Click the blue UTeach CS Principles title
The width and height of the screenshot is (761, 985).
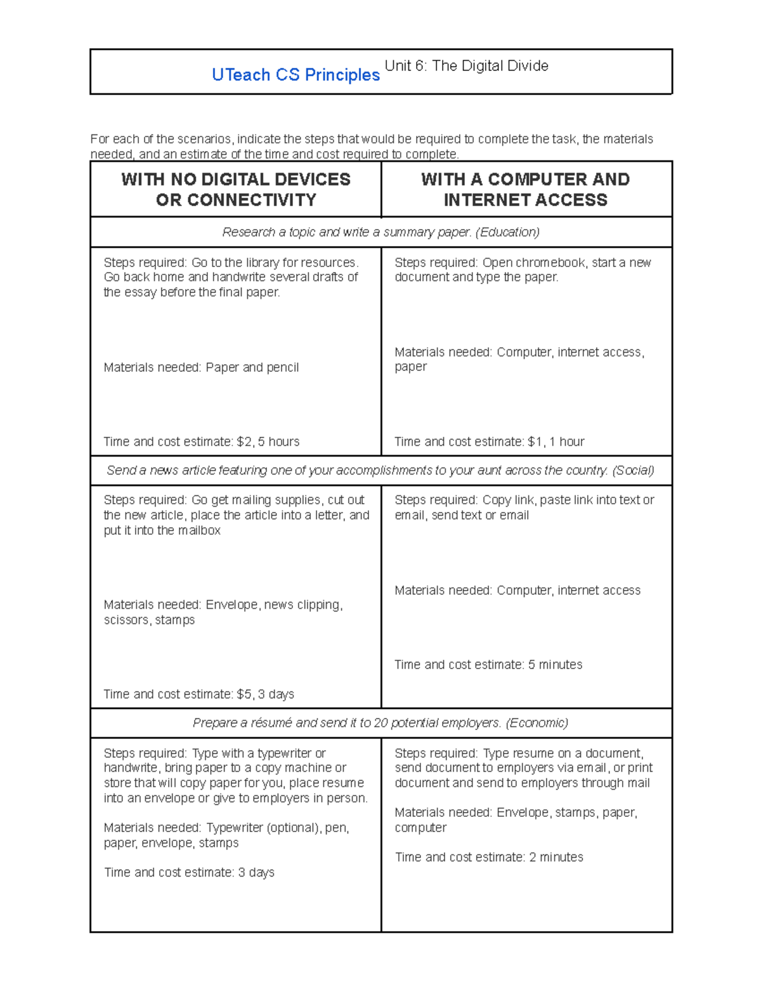pos(296,75)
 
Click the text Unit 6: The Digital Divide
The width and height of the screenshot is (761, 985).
pos(466,66)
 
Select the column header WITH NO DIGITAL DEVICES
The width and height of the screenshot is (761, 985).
pos(235,179)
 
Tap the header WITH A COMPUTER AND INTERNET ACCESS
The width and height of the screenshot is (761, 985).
pos(525,189)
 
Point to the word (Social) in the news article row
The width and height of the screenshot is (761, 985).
pos(633,471)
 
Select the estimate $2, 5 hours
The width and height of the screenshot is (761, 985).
pos(268,441)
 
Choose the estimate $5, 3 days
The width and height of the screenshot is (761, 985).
pos(265,694)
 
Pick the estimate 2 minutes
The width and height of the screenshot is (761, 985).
pos(556,857)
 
